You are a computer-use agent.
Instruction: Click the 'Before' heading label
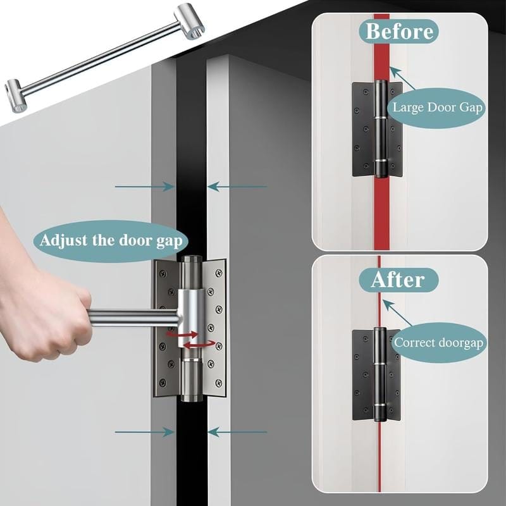[399, 30]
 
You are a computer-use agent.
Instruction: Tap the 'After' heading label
[397, 279]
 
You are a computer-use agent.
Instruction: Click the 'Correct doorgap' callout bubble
[438, 343]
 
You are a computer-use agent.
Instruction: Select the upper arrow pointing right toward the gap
[145, 187]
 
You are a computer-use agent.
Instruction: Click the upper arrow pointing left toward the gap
[237, 187]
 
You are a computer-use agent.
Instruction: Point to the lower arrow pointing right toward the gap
[145, 432]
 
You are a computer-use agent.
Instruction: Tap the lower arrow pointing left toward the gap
[237, 432]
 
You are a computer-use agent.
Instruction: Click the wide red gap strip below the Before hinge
[381, 212]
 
